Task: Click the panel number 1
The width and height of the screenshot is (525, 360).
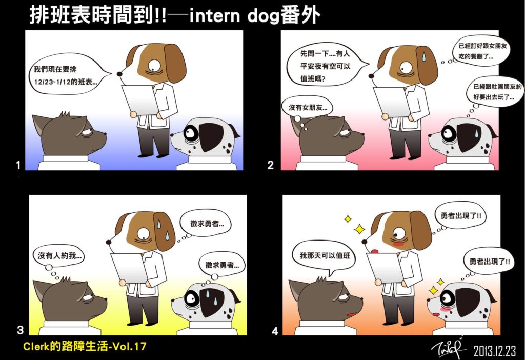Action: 18,165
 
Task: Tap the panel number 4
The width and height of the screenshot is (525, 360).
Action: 275,331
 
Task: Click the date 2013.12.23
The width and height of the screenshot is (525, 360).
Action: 495,351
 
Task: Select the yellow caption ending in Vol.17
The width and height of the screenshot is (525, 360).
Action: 85,346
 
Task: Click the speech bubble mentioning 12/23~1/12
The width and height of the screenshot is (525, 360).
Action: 69,74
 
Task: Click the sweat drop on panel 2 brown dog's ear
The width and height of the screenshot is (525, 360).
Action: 424,56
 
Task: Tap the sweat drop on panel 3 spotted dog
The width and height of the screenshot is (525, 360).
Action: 208,294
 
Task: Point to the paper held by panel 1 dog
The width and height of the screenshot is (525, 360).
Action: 140,99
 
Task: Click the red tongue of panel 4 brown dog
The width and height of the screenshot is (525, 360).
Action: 375,251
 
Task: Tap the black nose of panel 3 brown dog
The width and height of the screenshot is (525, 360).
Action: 108,242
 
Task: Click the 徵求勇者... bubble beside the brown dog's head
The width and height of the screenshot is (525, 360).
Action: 207,224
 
